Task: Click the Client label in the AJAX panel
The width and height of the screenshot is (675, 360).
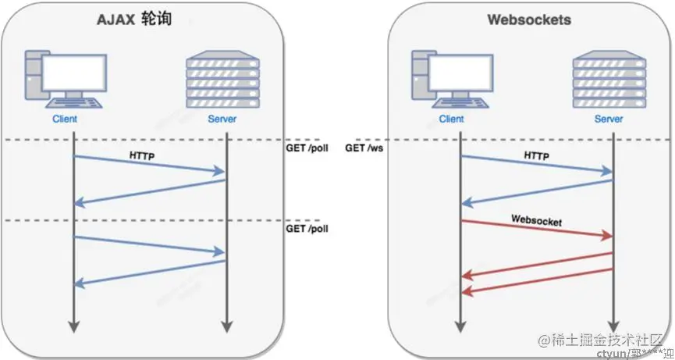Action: tap(65, 120)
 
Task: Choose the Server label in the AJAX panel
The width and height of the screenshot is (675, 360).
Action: tap(222, 120)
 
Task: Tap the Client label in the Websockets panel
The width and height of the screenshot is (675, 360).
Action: tap(452, 120)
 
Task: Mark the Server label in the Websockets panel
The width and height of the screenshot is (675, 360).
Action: tap(609, 120)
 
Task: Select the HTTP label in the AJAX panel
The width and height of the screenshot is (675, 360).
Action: tap(142, 156)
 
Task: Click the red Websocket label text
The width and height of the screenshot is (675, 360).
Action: tap(537, 220)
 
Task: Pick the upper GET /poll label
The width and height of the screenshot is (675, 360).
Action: tap(307, 147)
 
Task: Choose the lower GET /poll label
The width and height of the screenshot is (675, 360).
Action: tap(307, 229)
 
